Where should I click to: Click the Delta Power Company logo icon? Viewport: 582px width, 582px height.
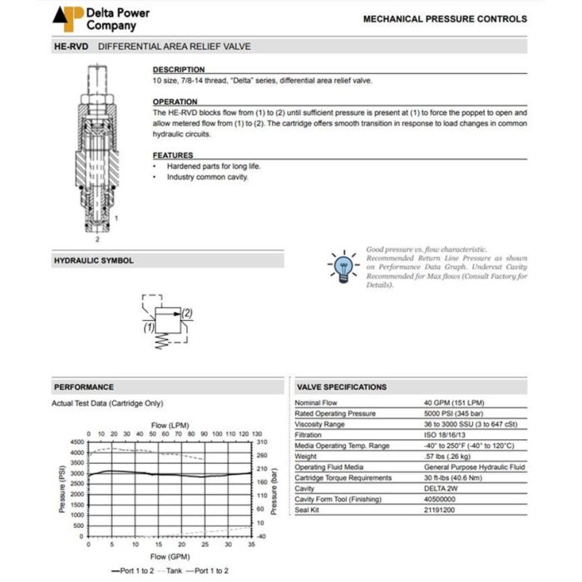pos(67,18)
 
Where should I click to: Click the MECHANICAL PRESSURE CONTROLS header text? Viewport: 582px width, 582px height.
pos(445,18)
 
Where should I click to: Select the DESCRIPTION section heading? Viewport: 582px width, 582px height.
pos(178,70)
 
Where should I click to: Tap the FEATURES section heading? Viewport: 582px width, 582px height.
pos(173,155)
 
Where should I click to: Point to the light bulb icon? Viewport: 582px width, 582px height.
pos(342,265)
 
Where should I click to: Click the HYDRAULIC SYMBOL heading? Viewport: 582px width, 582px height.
pos(93,261)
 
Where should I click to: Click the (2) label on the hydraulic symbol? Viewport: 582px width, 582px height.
pos(187,313)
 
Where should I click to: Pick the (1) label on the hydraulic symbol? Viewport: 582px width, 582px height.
pos(150,328)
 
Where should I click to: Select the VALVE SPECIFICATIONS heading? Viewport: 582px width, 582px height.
pos(342,387)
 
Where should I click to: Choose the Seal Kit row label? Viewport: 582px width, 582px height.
pos(308,510)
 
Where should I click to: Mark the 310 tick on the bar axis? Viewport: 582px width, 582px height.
pos(261,442)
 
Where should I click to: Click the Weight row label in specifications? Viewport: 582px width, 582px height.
pos(307,456)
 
